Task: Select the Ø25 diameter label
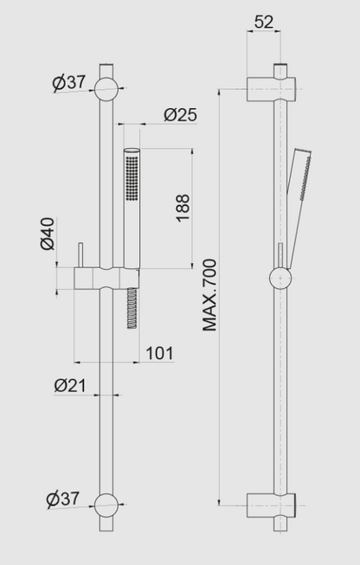[x=180, y=113]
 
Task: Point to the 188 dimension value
[x=183, y=208]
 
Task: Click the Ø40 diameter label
[x=48, y=233]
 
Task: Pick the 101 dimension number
[x=159, y=353]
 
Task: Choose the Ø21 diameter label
[x=69, y=385]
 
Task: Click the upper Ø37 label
[x=68, y=83]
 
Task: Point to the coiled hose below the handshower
[x=131, y=306]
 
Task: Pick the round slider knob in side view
[x=280, y=278]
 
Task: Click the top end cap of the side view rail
[x=280, y=68]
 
